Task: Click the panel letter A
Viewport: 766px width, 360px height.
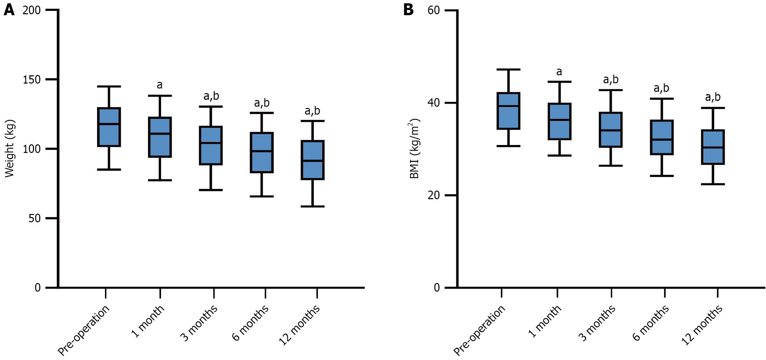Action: click(9, 10)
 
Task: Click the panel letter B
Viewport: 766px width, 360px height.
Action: click(408, 10)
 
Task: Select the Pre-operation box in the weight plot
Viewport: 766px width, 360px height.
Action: click(109, 127)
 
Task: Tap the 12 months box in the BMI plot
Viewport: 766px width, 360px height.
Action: click(713, 147)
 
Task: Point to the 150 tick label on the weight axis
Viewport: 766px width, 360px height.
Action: click(32, 80)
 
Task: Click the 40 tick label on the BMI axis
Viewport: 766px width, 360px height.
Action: click(434, 103)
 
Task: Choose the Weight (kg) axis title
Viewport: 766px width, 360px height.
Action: click(10, 149)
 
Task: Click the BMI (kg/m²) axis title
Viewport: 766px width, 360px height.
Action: click(414, 149)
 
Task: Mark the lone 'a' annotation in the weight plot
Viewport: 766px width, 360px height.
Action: click(159, 85)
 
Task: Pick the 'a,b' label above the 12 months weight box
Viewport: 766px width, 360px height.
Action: click(312, 111)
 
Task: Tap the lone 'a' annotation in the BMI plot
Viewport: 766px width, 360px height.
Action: click(559, 72)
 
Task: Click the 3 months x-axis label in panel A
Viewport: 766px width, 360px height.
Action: click(199, 323)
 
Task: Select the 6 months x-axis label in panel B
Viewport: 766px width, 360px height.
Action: click(650, 323)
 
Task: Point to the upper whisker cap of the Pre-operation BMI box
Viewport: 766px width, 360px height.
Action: click(508, 70)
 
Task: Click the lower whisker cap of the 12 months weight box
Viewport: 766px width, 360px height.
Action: click(313, 206)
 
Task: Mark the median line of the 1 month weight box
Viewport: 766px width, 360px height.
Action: click(160, 133)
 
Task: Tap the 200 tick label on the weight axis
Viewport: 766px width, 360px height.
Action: click(32, 10)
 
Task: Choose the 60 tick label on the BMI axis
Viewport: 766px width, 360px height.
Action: click(434, 10)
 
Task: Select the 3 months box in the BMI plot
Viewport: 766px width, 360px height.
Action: click(611, 130)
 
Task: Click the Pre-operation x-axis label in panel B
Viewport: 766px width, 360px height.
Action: click(479, 330)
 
